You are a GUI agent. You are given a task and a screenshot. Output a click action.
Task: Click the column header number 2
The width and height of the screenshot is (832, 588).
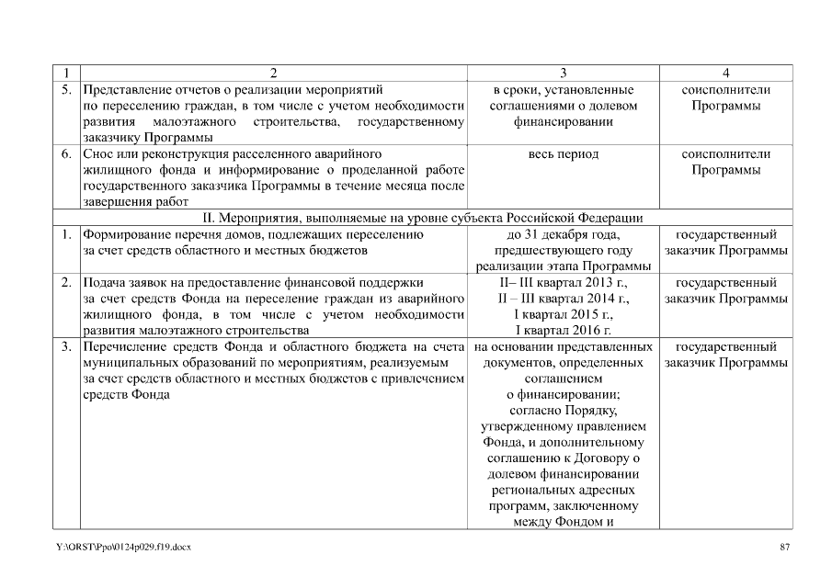(273, 73)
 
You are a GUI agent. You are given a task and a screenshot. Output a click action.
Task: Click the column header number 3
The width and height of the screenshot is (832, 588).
(564, 73)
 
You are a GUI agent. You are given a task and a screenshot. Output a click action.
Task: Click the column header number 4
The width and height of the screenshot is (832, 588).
(726, 73)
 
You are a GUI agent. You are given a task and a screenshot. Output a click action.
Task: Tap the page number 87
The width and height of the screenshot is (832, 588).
(784, 548)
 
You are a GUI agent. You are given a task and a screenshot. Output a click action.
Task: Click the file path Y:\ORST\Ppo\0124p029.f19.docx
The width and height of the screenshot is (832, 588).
(123, 548)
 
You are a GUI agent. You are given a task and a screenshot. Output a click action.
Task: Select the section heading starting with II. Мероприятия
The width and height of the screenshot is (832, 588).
(423, 218)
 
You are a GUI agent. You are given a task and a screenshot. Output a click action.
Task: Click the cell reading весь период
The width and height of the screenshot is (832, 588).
(564, 154)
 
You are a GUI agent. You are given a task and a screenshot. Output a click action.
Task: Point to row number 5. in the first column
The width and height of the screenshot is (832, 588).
(67, 90)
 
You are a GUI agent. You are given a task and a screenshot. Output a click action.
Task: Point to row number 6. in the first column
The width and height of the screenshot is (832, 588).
(67, 154)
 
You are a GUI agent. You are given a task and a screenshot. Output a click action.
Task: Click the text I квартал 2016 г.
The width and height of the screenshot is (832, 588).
(564, 331)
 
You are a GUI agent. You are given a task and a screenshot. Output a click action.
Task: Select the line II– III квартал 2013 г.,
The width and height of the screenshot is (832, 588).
(564, 282)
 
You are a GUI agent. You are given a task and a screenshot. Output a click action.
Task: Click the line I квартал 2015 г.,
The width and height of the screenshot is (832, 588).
(564, 315)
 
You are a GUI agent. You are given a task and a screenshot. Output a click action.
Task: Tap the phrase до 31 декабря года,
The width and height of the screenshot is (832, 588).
(564, 234)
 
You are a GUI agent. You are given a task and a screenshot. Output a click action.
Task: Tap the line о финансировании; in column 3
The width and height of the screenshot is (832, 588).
(564, 395)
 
